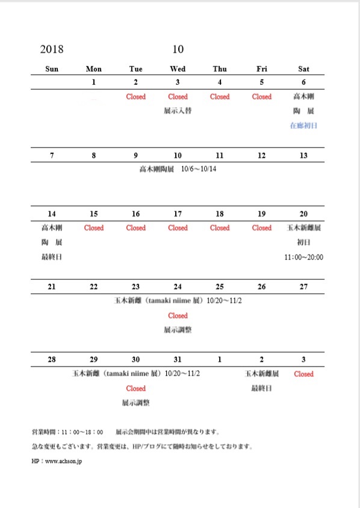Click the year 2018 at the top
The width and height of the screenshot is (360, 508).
52,49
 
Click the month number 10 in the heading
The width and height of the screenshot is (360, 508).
178,49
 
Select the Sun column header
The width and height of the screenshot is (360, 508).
52,69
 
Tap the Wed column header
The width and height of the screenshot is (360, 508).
178,69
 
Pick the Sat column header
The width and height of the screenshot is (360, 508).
303,69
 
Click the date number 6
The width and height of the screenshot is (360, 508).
303,82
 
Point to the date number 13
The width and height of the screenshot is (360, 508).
303,155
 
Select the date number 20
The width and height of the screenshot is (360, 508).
303,214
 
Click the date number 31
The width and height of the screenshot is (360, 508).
178,359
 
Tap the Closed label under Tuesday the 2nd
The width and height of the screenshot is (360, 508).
136,96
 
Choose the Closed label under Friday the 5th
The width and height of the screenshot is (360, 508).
262,96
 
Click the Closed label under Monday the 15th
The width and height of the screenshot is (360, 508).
94,228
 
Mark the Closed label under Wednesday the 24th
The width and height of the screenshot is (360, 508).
178,315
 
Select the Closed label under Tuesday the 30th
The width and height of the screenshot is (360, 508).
136,388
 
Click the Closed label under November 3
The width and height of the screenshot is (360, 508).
303,374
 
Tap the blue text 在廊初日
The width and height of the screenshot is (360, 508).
303,126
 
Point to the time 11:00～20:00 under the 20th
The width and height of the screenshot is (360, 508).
303,257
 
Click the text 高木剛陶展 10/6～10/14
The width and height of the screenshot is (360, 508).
178,169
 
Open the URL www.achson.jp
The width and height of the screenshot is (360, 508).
63,460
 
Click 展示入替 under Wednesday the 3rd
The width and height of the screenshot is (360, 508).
178,111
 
